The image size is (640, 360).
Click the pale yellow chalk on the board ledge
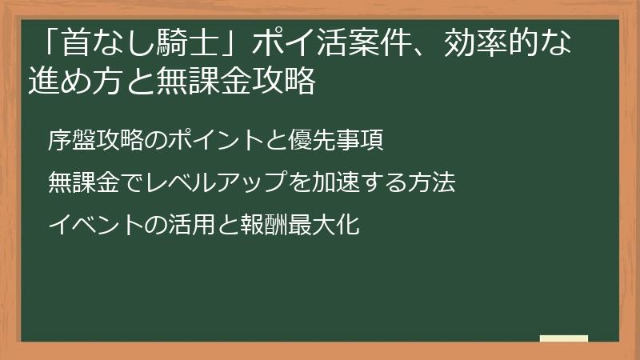coord(563,339)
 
